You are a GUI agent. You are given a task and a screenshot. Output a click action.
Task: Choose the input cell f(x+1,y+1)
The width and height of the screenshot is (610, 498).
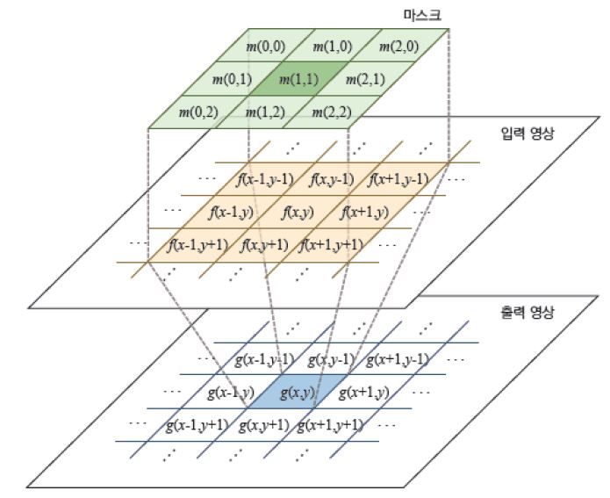(330, 244)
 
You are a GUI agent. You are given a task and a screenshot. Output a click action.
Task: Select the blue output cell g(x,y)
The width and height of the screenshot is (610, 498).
(298, 392)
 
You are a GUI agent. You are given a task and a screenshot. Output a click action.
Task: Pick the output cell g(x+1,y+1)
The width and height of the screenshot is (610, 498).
(330, 425)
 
